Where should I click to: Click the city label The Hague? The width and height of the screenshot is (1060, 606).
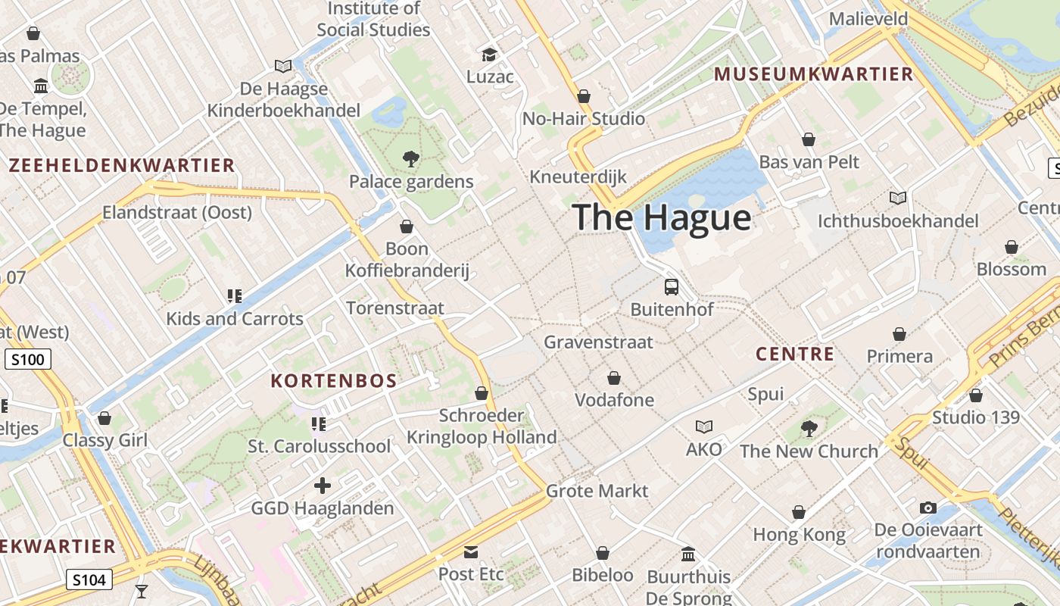point(662,217)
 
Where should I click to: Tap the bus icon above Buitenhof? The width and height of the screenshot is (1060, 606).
point(672,287)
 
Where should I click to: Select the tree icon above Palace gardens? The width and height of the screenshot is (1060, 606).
point(411,159)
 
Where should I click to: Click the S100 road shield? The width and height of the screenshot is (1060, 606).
point(28,359)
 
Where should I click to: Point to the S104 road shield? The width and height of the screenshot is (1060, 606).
point(89,580)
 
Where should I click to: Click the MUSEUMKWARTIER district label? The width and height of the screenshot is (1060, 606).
point(814,74)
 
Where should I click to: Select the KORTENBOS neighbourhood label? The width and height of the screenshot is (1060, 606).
point(334,381)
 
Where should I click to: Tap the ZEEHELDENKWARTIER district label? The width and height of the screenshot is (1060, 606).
point(122,165)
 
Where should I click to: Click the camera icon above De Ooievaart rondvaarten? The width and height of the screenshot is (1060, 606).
point(928,508)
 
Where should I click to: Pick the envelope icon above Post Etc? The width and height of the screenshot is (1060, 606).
point(471,552)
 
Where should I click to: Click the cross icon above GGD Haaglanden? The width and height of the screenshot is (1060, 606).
point(323,486)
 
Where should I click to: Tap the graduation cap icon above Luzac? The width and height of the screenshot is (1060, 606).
point(490,55)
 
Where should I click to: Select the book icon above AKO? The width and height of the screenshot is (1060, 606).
point(704,427)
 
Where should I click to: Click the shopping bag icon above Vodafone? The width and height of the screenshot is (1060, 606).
point(614,378)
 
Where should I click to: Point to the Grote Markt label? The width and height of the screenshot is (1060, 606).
point(597,491)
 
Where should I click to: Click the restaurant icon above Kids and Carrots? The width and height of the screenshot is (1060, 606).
point(235,296)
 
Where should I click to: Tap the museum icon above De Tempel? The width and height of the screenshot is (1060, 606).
point(41,86)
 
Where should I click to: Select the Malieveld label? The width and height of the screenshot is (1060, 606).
point(868,19)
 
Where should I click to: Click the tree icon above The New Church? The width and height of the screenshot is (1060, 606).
point(809,429)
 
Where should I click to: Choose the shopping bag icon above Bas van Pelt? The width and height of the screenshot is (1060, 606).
point(809,140)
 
